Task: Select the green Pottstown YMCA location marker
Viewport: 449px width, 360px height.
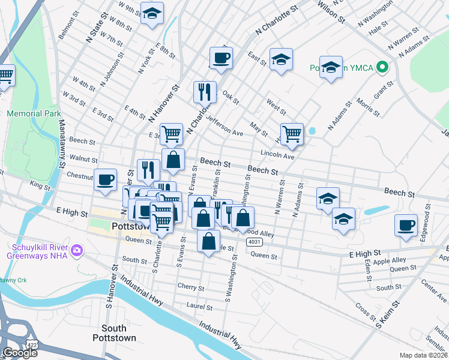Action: pyautogui.click(x=381, y=67)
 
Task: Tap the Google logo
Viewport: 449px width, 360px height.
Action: pyautogui.click(x=19, y=353)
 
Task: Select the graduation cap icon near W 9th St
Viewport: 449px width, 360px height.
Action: pyautogui.click(x=152, y=13)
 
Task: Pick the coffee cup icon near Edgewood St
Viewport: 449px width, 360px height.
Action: pyautogui.click(x=406, y=225)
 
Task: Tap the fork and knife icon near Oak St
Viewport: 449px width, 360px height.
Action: pyautogui.click(x=205, y=92)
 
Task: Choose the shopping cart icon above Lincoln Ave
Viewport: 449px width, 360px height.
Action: pyautogui.click(x=292, y=134)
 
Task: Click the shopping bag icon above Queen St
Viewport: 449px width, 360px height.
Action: pyautogui.click(x=208, y=241)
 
